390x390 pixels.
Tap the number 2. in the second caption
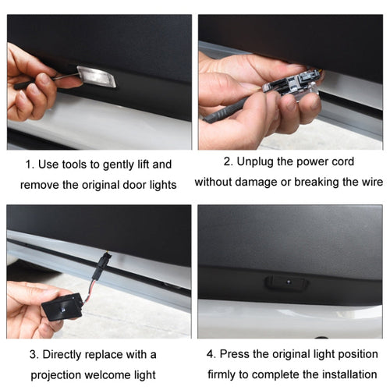(x=228, y=161)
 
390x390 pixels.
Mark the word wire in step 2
(x=370, y=182)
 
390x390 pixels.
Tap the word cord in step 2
(x=341, y=161)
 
